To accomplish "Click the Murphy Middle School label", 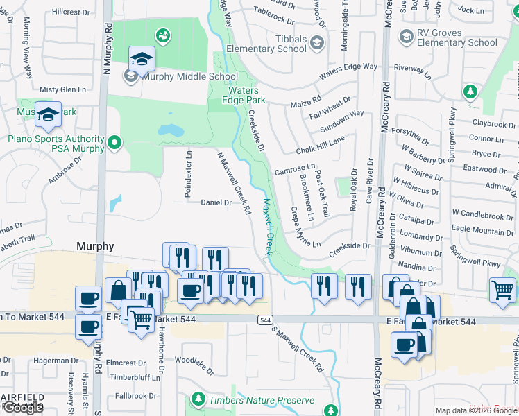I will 180,76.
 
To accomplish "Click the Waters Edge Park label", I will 241,95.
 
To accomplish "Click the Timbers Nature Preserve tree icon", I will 198,399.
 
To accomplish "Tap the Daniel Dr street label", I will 215,202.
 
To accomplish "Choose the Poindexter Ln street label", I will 188,174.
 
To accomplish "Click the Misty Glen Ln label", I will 62,89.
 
